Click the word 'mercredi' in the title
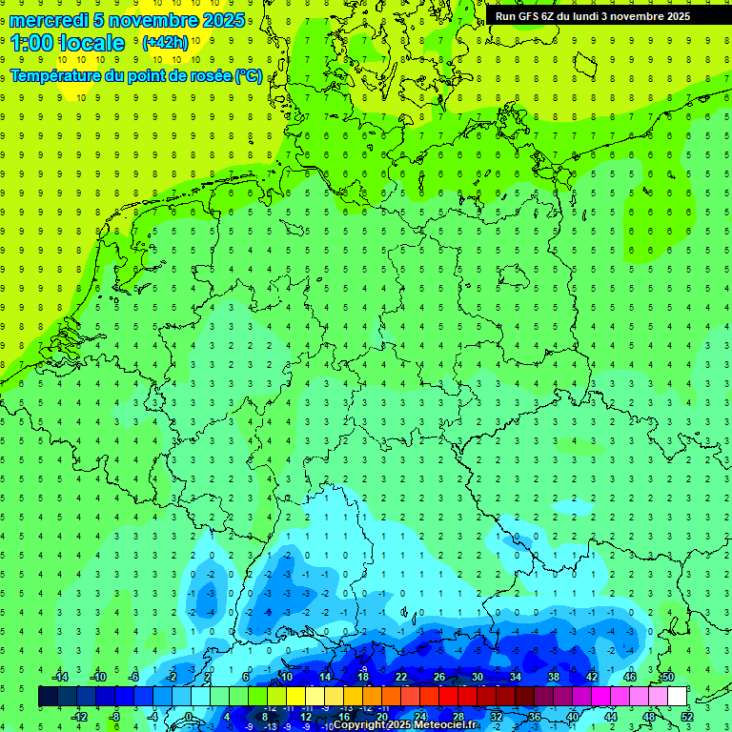coord(49,20)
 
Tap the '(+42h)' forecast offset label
coord(165,42)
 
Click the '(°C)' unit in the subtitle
coord(249,75)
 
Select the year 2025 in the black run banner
coord(673,16)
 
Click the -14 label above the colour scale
coord(59,677)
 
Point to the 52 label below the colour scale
coord(687,717)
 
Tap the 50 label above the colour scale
coord(668,677)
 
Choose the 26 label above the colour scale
coord(439,677)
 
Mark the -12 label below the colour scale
coord(79,717)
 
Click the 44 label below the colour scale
coord(611,717)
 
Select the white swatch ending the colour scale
coord(678,697)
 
